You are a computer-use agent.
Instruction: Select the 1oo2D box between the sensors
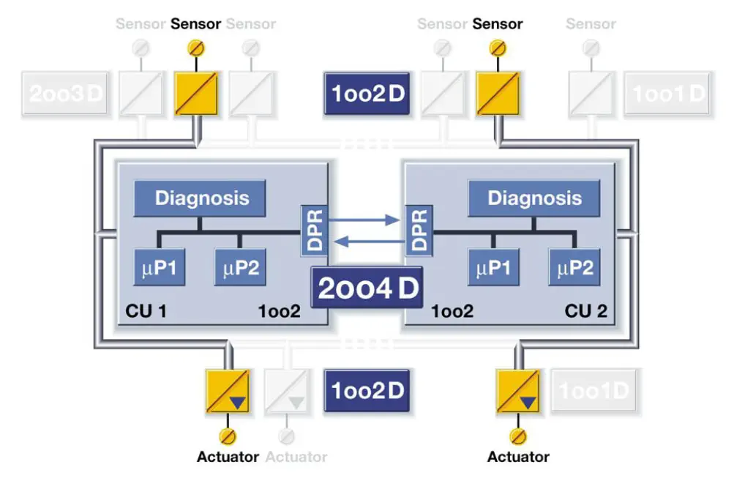click(367, 94)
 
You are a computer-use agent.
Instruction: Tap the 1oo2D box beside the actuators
click(367, 390)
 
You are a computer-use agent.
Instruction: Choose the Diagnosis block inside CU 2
click(534, 198)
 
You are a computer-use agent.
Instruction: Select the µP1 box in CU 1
click(158, 268)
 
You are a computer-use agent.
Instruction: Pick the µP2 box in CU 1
click(240, 268)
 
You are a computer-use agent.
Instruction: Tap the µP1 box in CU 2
click(494, 268)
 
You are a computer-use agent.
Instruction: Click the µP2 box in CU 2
click(574, 268)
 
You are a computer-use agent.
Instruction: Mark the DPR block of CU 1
click(315, 230)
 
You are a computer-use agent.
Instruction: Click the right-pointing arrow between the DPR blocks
click(367, 218)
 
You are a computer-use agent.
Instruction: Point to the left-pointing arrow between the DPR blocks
click(367, 242)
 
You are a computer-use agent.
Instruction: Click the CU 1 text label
click(146, 311)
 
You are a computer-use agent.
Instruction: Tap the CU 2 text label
click(585, 311)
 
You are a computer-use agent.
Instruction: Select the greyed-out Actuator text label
click(296, 457)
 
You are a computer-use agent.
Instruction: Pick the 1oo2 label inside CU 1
click(279, 311)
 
